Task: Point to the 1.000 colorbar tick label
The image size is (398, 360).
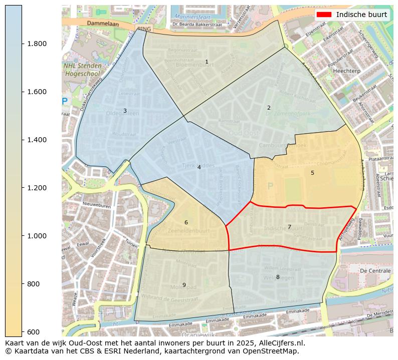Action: click(x=36, y=236)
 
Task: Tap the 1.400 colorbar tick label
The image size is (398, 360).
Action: click(x=36, y=140)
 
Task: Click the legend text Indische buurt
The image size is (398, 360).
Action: click(x=361, y=15)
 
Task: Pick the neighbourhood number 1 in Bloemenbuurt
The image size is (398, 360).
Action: click(x=207, y=62)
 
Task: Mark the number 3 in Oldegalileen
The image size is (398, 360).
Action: click(x=125, y=111)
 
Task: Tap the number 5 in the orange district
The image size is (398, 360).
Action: click(x=312, y=173)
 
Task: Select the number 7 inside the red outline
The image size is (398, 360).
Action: click(x=289, y=227)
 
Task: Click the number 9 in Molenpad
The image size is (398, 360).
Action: click(x=184, y=285)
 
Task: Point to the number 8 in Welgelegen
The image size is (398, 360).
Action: click(x=278, y=277)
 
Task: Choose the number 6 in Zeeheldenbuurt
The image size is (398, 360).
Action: click(x=186, y=222)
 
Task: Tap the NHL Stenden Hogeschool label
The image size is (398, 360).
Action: click(x=83, y=70)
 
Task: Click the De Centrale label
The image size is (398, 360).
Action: click(x=375, y=270)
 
